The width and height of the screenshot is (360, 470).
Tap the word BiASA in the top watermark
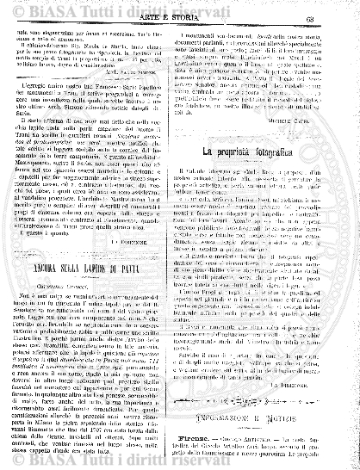[x=64, y=6]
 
